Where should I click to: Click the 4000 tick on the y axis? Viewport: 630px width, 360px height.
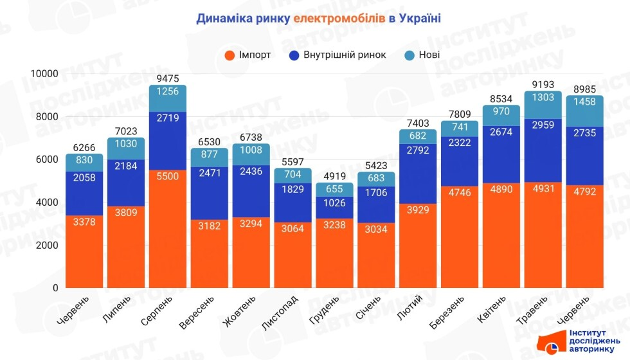(46, 203)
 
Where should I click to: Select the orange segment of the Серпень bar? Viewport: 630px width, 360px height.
(168, 228)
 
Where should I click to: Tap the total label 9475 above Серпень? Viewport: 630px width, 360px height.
(168, 78)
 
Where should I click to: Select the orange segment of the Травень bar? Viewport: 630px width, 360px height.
(543, 235)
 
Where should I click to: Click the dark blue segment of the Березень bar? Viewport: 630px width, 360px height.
(460, 161)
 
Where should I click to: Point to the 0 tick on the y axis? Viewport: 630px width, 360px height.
(55, 287)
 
